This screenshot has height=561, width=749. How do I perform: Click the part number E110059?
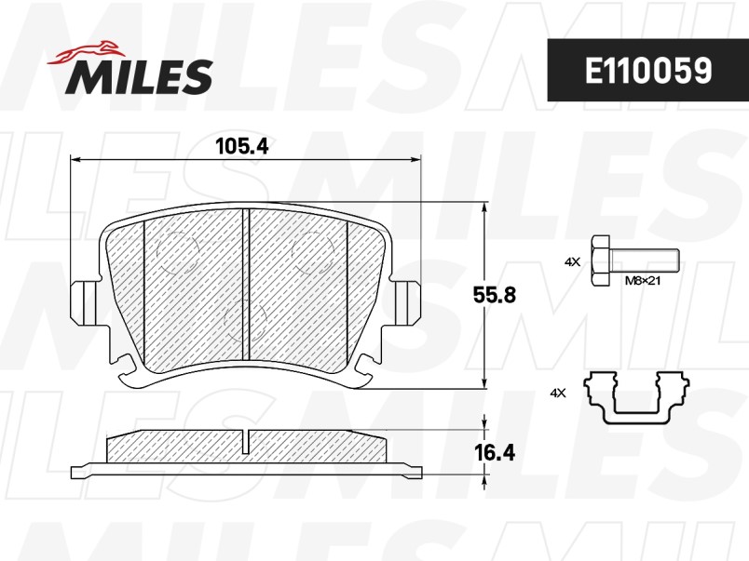click(x=648, y=71)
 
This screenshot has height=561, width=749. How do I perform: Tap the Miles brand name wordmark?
click(x=140, y=76)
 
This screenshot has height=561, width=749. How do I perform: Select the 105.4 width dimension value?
click(x=241, y=146)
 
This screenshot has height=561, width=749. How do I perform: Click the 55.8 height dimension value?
click(x=495, y=295)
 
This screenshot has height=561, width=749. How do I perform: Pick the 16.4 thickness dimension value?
click(x=495, y=452)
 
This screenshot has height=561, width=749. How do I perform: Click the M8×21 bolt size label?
click(x=643, y=281)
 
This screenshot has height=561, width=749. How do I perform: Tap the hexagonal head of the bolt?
click(x=601, y=260)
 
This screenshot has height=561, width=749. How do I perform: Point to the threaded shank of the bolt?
click(x=645, y=260)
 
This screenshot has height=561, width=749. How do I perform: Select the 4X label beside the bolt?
click(x=572, y=261)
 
